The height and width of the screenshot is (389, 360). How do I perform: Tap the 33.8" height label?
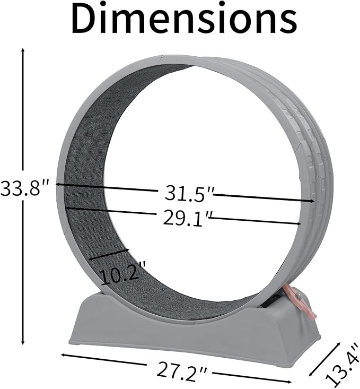click(23, 187)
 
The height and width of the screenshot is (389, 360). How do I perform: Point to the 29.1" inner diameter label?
click(185, 218)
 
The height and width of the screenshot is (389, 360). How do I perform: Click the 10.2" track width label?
click(120, 275)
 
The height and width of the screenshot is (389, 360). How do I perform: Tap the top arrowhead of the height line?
click(23, 50)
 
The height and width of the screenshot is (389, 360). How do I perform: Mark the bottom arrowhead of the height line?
click(23, 342)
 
